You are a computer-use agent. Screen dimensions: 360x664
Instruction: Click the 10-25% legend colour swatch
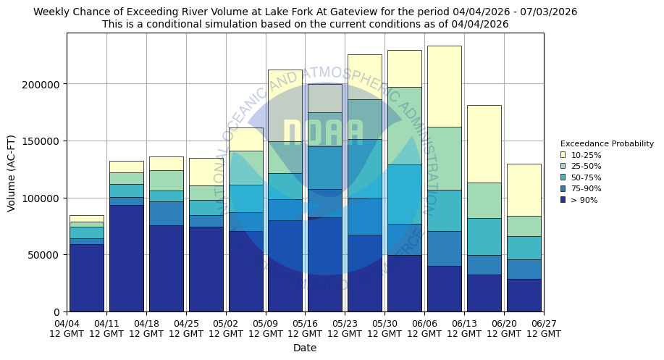click(563, 155)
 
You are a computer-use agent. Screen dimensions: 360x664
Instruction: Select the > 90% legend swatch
click(563, 200)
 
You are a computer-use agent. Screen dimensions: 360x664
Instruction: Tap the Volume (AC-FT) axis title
click(12, 172)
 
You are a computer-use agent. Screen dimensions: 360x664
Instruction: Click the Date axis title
click(305, 348)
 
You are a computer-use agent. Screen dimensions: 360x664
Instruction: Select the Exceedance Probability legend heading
click(607, 143)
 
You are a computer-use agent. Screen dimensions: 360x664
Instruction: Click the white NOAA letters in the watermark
click(323, 133)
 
